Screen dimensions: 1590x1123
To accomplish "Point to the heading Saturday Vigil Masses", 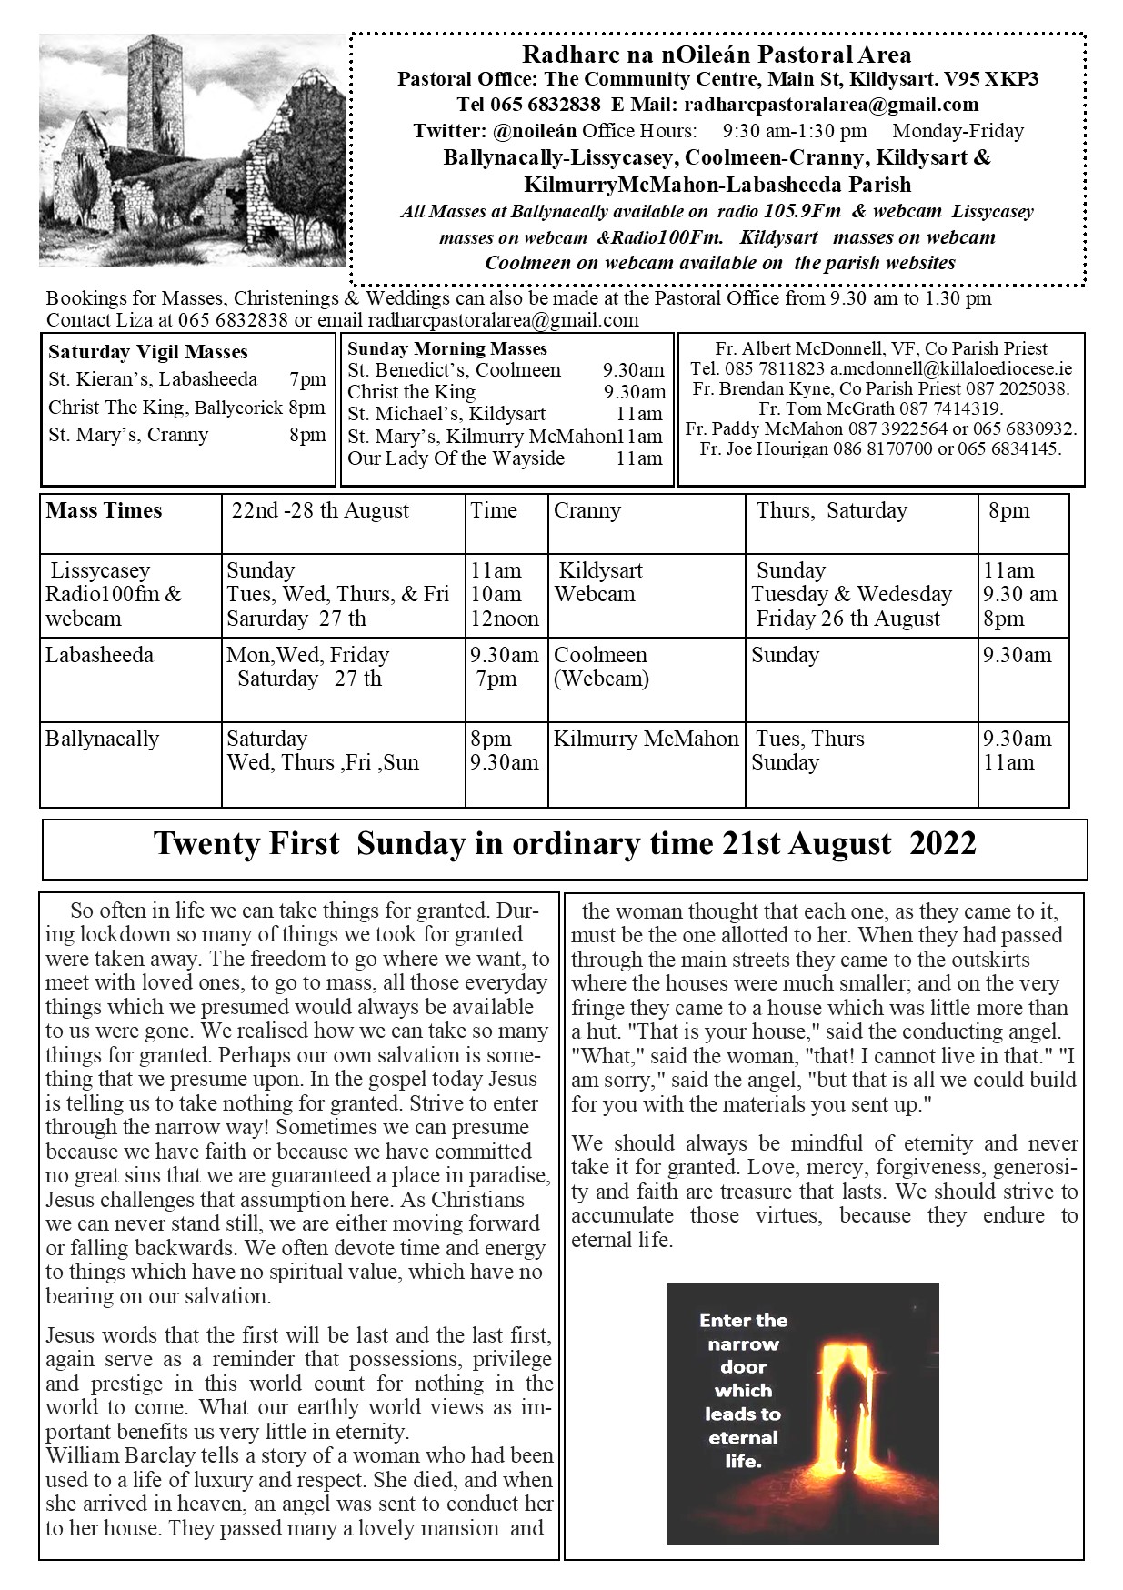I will [148, 352].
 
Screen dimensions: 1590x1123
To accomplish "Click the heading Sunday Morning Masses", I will [447, 348].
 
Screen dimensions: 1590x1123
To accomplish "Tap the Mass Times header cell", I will [104, 510].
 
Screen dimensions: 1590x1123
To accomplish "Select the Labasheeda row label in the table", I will [100, 655].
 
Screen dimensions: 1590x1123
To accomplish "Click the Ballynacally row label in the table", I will [103, 739].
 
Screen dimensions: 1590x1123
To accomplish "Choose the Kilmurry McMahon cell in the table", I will [646, 739].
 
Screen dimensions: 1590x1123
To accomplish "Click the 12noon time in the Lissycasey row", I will [505, 619].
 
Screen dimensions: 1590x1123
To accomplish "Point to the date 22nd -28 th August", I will [320, 510].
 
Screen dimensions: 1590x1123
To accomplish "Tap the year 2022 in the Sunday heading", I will [943, 844].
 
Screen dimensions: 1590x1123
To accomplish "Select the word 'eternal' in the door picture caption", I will [743, 1438].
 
